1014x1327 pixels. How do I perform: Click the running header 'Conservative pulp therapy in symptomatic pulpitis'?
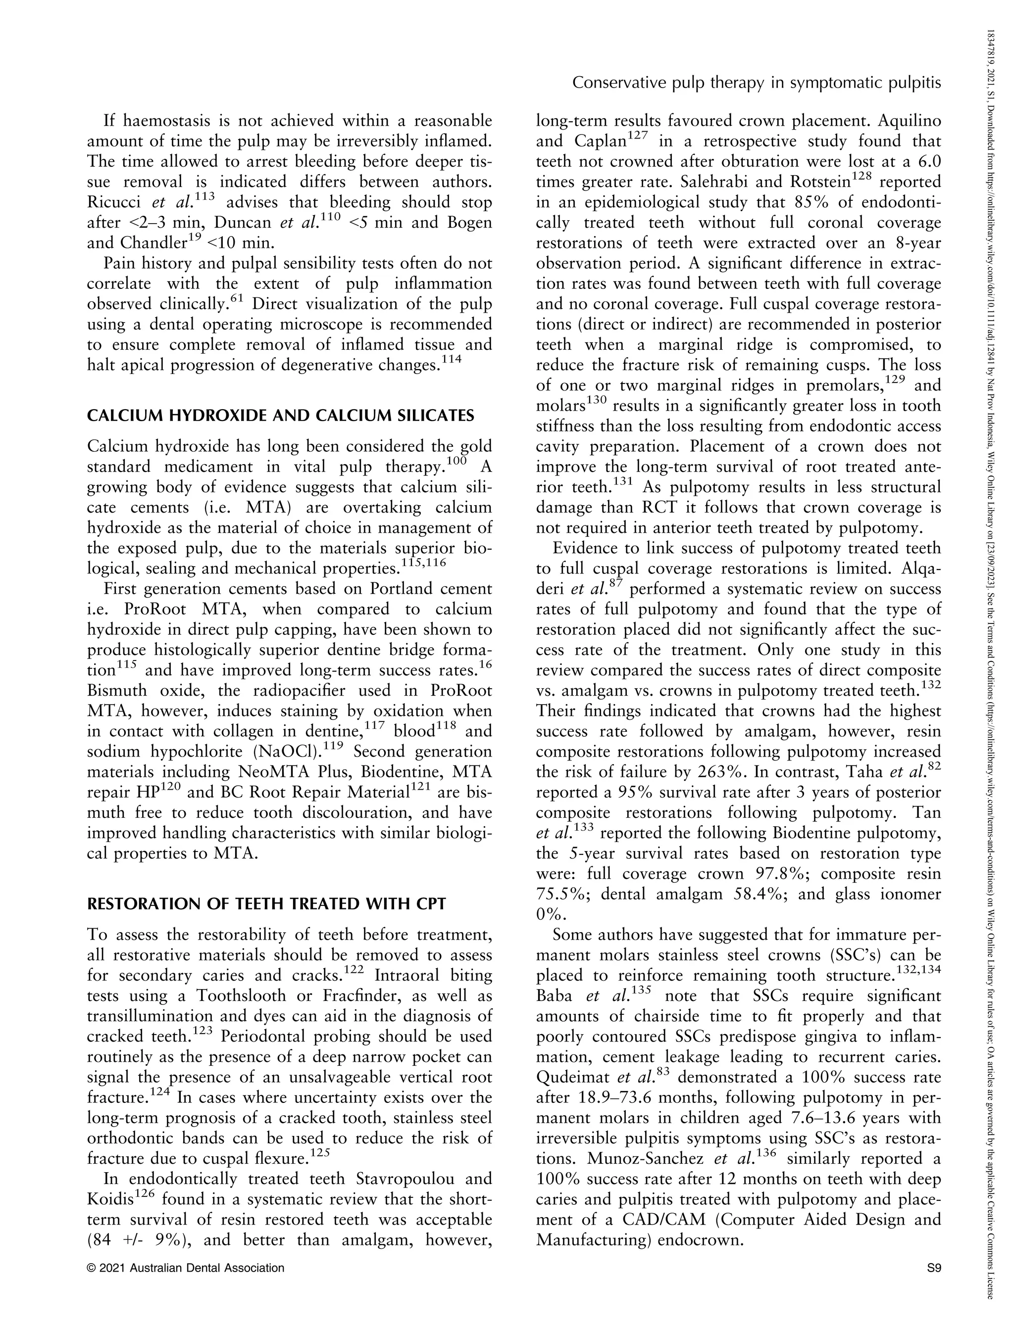[x=756, y=83]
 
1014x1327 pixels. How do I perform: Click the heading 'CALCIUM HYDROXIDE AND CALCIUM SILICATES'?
[x=281, y=416]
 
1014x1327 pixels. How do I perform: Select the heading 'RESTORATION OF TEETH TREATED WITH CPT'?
[x=266, y=903]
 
